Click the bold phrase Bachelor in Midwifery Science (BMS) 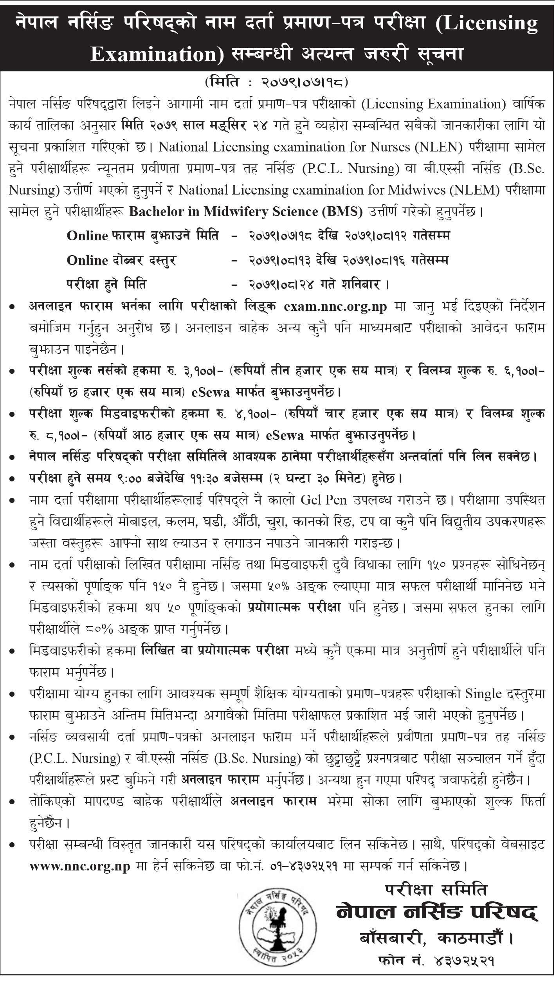(246, 212)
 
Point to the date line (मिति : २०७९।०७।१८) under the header (277, 83)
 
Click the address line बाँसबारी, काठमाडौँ (436, 947)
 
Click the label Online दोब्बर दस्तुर (121, 260)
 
